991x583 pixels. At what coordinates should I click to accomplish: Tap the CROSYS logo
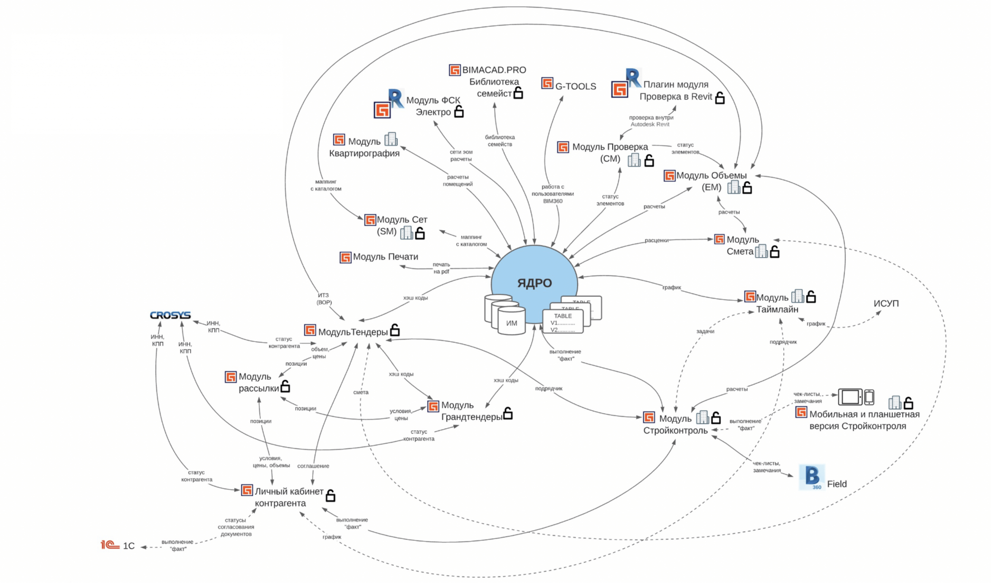(170, 315)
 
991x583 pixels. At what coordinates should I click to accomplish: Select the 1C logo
(110, 545)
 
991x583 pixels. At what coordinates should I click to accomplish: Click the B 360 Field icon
(812, 477)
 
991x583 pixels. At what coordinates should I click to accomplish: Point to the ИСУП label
(886, 303)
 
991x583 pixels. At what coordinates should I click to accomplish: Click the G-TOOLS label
(575, 86)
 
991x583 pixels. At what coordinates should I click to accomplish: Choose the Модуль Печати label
(385, 257)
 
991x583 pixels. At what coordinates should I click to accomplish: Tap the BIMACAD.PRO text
(494, 70)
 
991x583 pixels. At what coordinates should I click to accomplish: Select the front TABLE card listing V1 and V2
(563, 322)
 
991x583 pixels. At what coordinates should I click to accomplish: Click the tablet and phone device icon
(856, 397)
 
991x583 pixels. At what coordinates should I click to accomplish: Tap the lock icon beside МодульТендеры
(395, 330)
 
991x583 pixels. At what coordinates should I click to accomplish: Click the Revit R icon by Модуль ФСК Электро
(395, 98)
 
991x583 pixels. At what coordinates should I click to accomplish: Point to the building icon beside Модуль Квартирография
(391, 139)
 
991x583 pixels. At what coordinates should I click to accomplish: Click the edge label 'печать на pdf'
(441, 268)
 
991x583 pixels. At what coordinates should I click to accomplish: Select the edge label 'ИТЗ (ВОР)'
(324, 299)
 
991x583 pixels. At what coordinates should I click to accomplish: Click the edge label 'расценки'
(656, 240)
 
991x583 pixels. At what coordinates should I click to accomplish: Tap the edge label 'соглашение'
(313, 466)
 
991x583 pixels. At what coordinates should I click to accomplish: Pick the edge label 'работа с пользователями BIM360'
(553, 194)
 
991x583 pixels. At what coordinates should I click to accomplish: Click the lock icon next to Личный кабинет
(330, 495)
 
